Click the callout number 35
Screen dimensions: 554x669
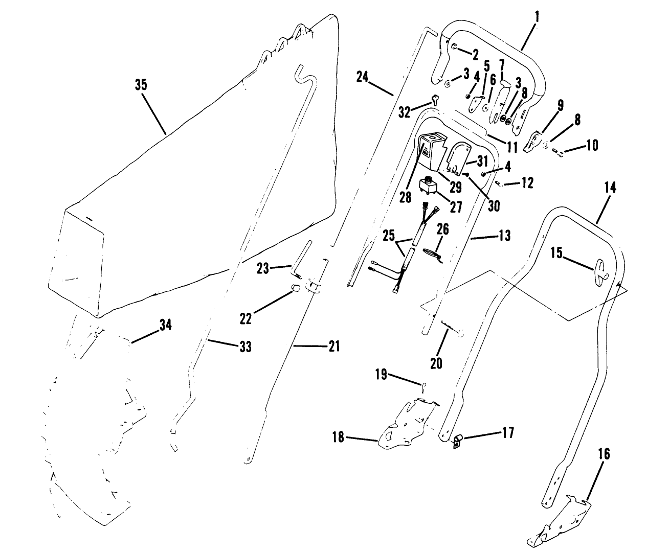point(141,84)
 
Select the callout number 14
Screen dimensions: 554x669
point(610,188)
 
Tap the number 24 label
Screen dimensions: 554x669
point(362,77)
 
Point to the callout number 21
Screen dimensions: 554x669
point(333,346)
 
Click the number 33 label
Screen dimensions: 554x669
point(246,347)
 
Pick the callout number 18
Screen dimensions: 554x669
point(339,437)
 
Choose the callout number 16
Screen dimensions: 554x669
point(604,454)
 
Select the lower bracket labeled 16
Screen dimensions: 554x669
point(560,521)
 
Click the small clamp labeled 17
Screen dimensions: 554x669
point(457,440)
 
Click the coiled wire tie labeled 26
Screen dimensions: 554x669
point(432,253)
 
